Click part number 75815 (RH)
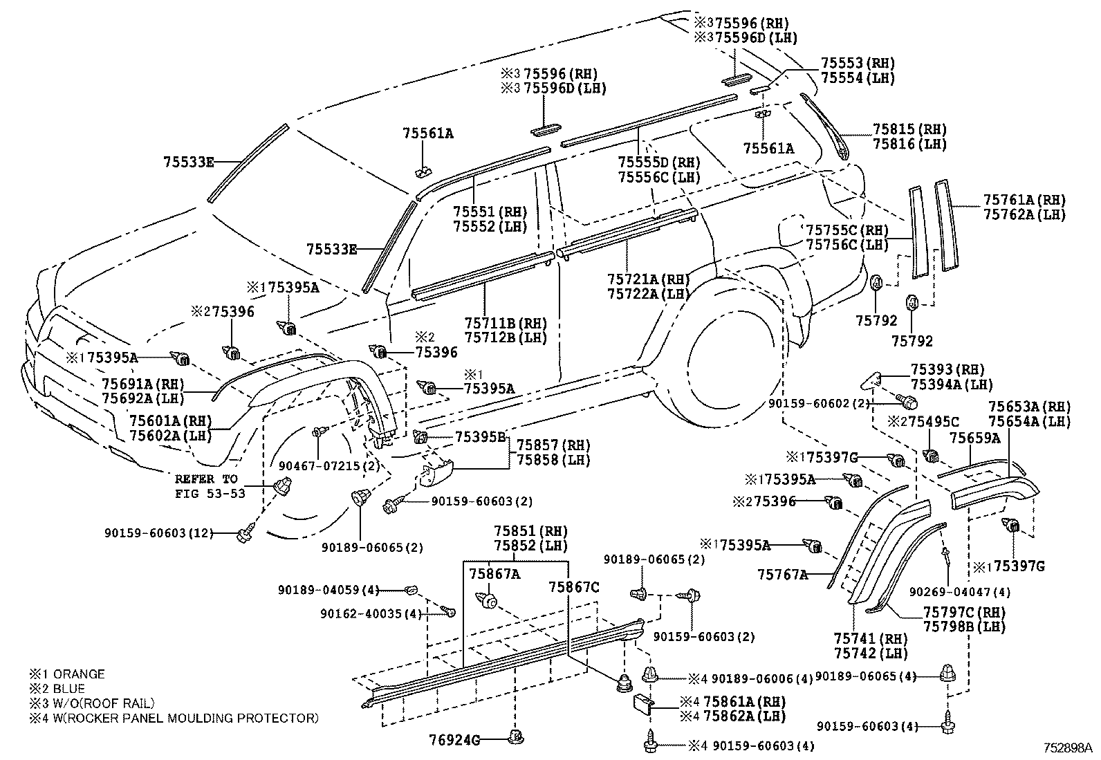click(909, 129)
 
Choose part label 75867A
click(494, 573)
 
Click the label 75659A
click(974, 438)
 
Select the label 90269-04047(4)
click(959, 592)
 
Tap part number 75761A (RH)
click(1024, 201)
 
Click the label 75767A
click(782, 574)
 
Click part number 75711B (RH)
click(506, 324)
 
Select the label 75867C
click(573, 587)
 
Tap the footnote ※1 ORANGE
click(66, 674)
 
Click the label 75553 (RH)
click(858, 63)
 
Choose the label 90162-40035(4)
click(371, 613)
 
